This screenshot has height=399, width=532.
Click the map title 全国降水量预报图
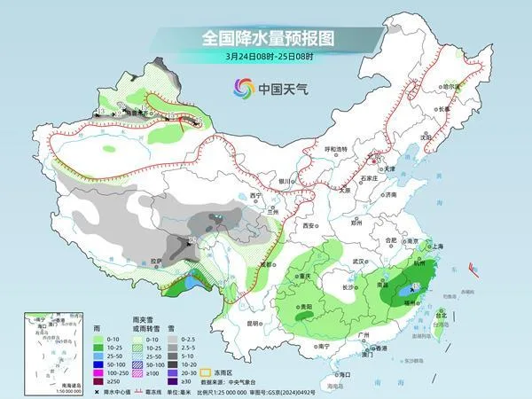265,38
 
